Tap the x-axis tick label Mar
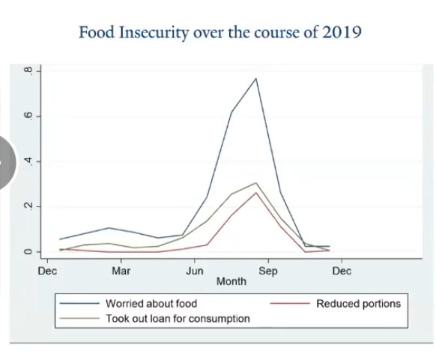(121, 271)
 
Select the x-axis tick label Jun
(195, 271)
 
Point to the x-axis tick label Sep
(268, 271)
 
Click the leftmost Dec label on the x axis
(47, 271)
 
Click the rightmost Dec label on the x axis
(342, 271)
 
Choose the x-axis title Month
(231, 282)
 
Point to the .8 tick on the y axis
(28, 71)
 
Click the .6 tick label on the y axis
(28, 116)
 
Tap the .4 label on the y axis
(28, 161)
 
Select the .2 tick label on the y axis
(28, 206)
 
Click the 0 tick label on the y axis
(28, 252)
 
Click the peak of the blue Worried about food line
(256, 78)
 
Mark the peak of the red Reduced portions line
(256, 193)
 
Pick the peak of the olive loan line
(256, 182)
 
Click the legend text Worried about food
(151, 304)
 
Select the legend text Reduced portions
(358, 304)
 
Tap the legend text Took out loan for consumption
(178, 318)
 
